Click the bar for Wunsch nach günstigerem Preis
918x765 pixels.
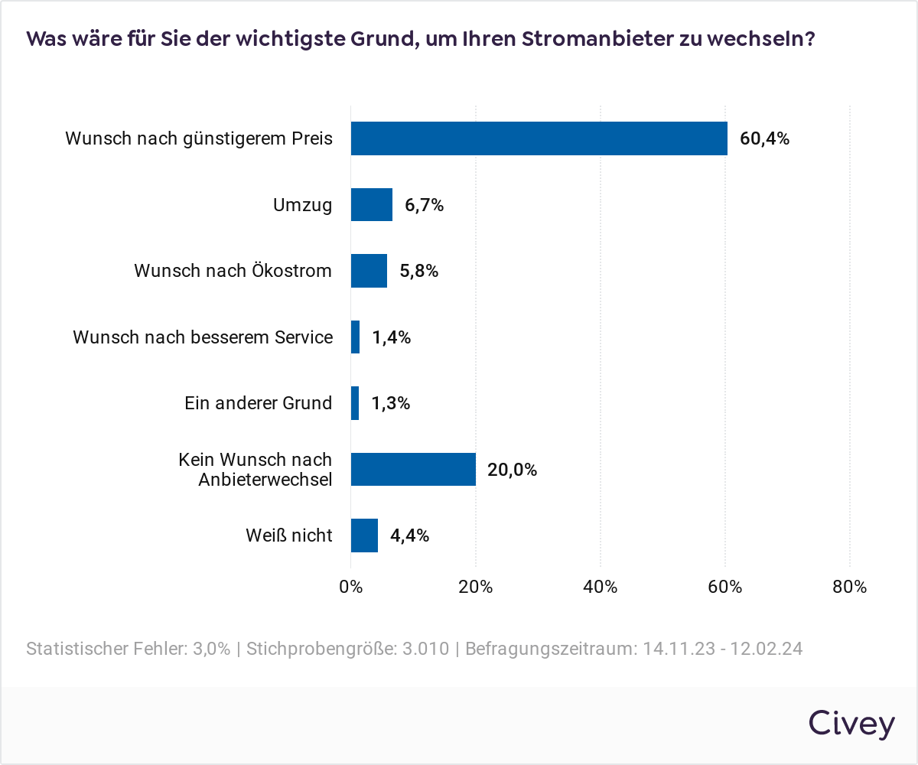coord(539,138)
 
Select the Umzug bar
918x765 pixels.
coord(371,205)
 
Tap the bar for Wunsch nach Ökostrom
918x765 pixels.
coord(369,271)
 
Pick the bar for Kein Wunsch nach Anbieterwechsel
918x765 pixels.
coord(413,469)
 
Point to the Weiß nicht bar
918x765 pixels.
coord(364,535)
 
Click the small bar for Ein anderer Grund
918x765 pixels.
coord(355,403)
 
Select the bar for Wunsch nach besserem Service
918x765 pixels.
coord(355,337)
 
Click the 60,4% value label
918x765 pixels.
coord(764,139)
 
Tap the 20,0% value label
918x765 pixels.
coord(512,470)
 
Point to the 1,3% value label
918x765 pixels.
coord(391,404)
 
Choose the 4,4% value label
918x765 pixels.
coord(409,535)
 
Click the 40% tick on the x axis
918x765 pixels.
coord(601,588)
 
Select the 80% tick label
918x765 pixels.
coord(850,588)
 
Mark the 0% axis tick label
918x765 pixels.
coord(350,588)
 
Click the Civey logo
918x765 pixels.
coord(851,723)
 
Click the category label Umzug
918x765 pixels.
coord(303,205)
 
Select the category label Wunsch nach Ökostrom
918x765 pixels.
coord(233,271)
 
